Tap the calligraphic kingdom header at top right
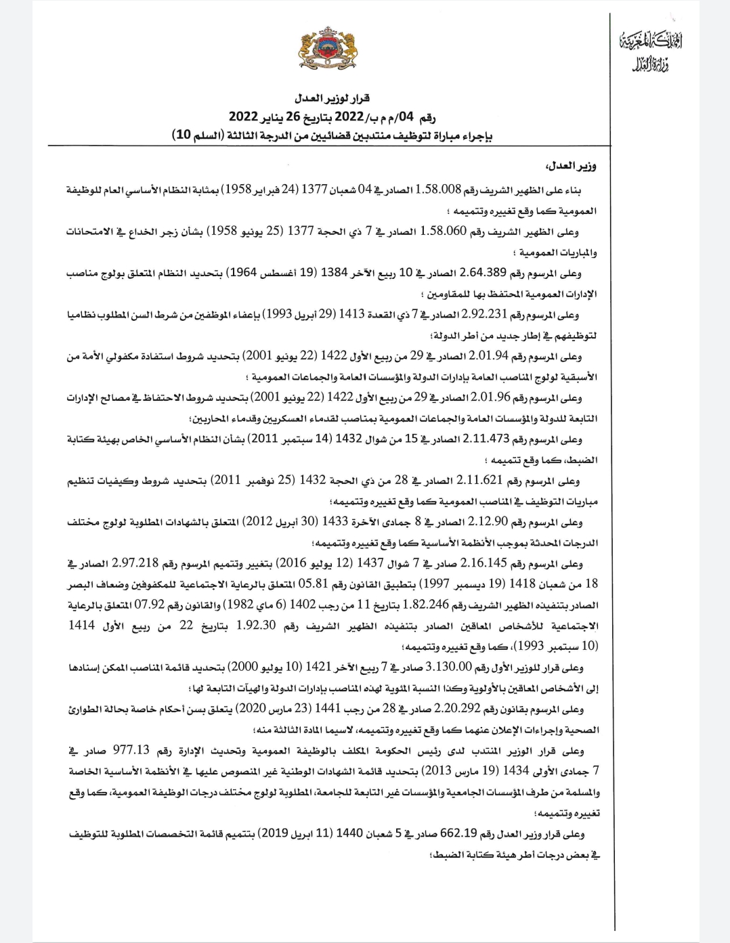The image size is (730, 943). click(651, 52)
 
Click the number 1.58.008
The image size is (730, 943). click(442, 190)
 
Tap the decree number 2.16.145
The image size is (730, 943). click(484, 564)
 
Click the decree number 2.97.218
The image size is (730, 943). click(135, 564)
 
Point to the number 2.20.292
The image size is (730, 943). click(457, 709)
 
